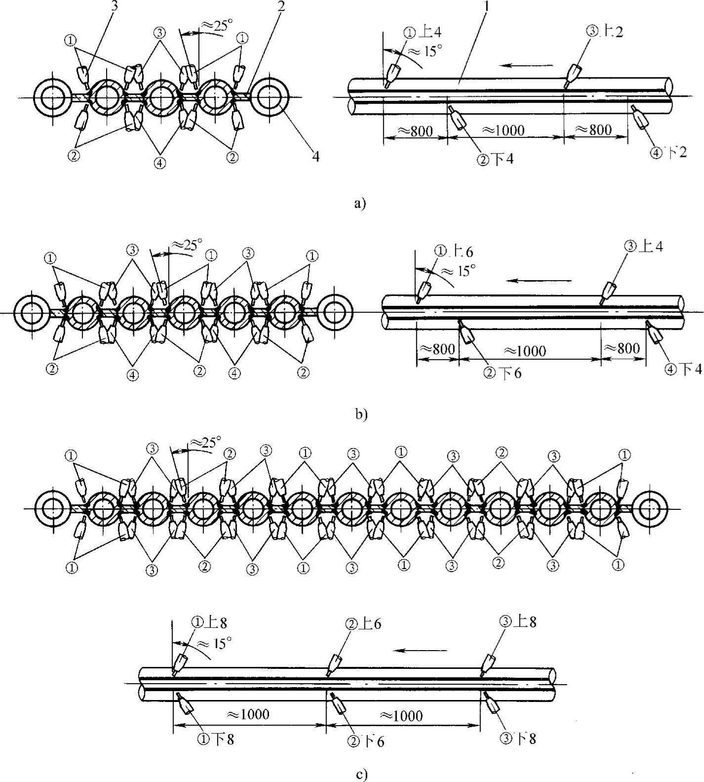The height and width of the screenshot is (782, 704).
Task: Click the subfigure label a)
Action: coord(360,204)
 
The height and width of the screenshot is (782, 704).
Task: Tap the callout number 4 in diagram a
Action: coord(315,157)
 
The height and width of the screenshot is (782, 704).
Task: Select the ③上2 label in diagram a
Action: coord(604,32)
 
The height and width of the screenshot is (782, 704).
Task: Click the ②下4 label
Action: coord(495,160)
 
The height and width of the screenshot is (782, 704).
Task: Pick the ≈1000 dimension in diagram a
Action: coord(504,130)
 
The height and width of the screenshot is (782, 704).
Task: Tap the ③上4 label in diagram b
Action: coord(645,246)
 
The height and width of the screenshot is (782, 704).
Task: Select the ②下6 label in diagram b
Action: coord(502,373)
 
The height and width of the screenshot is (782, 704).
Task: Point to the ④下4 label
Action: coord(683,369)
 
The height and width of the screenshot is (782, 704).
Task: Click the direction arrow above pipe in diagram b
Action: coord(540,281)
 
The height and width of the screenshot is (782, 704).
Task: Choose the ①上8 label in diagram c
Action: coord(209,623)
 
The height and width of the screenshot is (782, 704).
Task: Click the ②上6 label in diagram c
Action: coord(363,624)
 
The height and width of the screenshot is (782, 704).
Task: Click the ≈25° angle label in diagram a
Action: coord(215,26)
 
